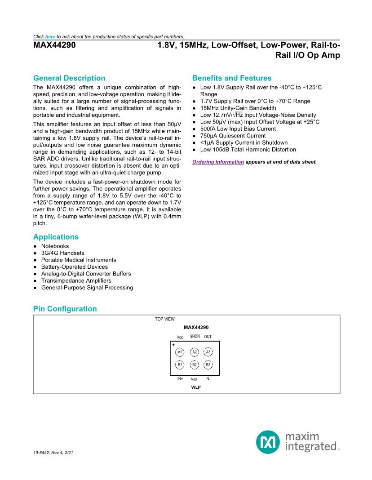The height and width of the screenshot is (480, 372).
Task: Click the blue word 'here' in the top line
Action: (50, 36)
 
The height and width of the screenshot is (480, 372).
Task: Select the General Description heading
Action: (69, 78)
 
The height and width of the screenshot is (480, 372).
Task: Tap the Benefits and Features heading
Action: (231, 78)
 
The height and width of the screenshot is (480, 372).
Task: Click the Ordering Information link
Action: (218, 162)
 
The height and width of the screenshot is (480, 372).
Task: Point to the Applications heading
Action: (56, 237)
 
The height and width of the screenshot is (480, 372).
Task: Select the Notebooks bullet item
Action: (55, 246)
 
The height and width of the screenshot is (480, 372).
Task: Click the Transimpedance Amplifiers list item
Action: (76, 280)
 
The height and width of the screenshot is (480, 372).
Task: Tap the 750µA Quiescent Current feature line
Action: (233, 136)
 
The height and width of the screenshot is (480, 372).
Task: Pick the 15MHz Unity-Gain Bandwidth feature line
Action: (238, 108)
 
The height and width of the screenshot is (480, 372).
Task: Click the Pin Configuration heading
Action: (65, 309)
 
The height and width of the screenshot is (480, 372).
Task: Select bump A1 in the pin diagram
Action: (180, 352)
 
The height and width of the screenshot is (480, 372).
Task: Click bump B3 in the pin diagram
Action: (208, 365)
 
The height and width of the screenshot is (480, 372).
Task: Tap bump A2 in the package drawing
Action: (194, 352)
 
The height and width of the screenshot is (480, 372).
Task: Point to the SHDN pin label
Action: (195, 336)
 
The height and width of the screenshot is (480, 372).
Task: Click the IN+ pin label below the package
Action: (180, 378)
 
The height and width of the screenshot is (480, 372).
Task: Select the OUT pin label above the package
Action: (208, 337)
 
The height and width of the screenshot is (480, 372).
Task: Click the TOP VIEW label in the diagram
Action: (165, 319)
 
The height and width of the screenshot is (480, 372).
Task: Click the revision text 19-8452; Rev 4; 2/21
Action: (53, 452)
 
